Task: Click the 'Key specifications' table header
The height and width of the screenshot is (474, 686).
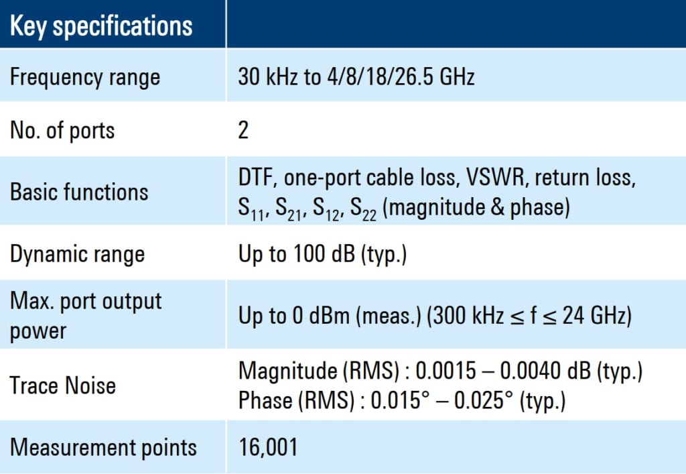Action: tap(101, 26)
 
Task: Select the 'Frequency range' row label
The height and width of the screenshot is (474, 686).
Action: tap(85, 78)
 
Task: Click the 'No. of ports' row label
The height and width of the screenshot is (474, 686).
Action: tap(62, 131)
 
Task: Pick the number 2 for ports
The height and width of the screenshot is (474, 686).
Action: tap(243, 130)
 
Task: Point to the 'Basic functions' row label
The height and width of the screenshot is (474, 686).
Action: tap(79, 192)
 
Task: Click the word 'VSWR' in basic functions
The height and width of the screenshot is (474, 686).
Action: tap(495, 177)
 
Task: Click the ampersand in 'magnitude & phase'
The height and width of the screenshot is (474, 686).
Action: tap(497, 206)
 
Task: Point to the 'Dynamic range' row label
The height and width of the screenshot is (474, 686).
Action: tap(77, 255)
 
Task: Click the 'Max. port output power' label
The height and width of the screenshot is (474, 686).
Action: tap(86, 316)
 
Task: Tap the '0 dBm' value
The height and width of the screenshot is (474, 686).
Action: tap(321, 316)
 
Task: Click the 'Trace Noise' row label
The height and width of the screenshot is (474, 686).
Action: tap(62, 386)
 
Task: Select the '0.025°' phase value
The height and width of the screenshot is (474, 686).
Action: tap(483, 400)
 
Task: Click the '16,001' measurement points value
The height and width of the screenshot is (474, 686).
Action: tap(268, 447)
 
